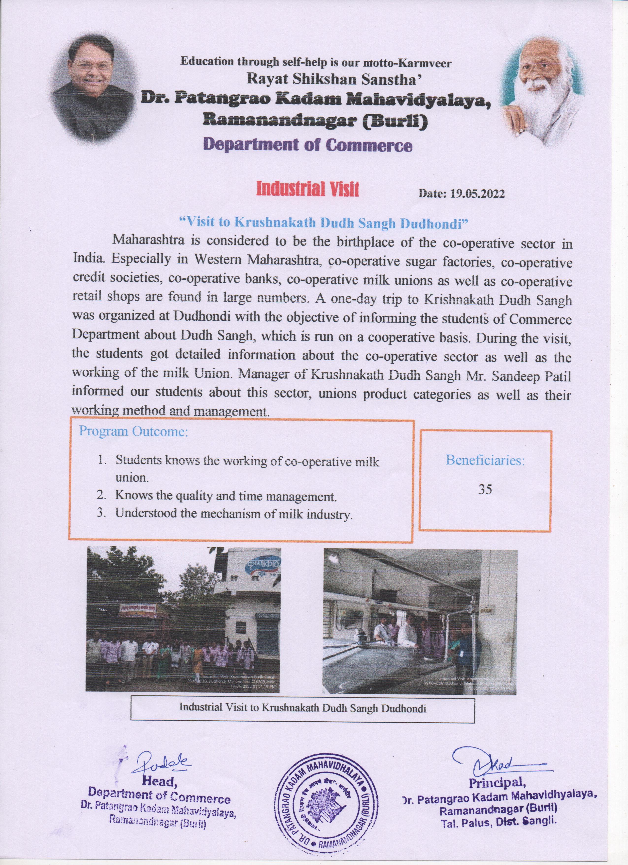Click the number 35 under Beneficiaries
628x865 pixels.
pyautogui.click(x=485, y=490)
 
